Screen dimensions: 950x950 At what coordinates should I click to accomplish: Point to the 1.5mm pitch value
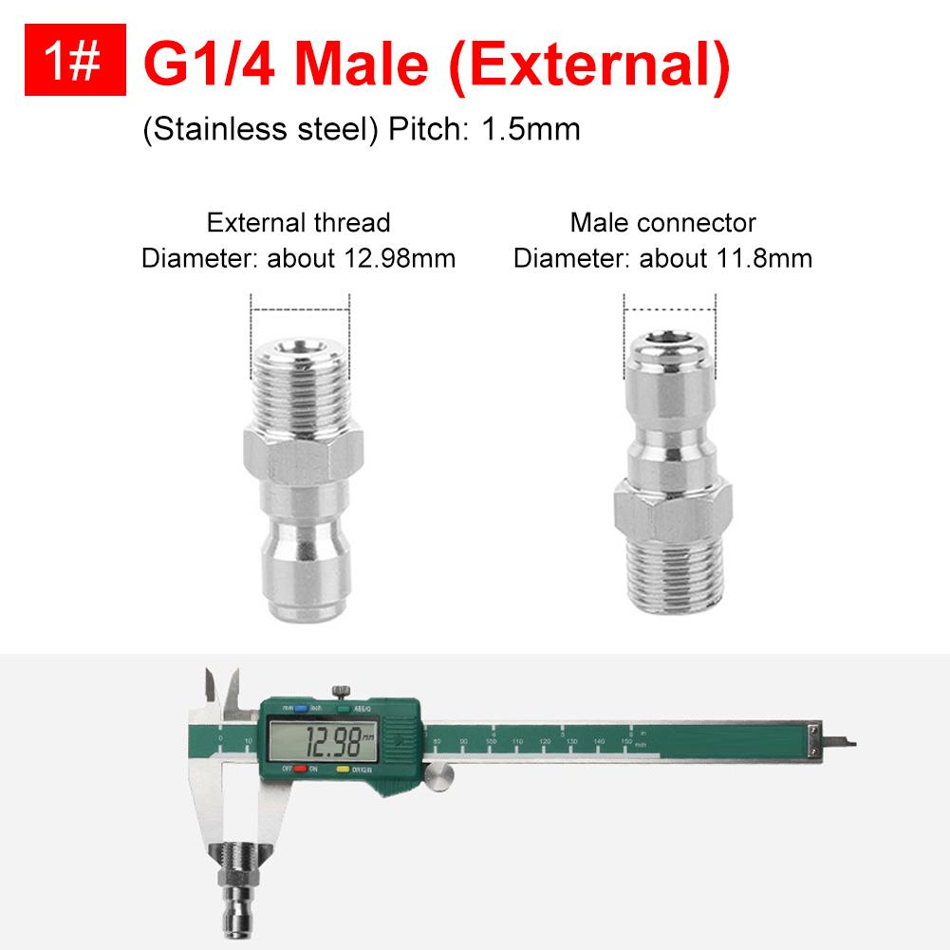531,128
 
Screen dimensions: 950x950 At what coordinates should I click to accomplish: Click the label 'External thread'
298,223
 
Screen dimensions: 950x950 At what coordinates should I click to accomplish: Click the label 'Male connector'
662,223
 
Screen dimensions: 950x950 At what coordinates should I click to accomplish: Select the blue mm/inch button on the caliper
300,707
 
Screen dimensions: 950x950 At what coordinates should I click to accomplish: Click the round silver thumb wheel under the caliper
438,778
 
